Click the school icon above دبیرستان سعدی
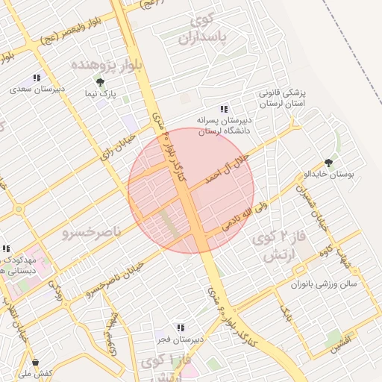36,78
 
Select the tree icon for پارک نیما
100,82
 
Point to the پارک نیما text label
110,95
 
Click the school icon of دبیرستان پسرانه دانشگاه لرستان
225,109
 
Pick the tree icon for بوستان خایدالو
328,162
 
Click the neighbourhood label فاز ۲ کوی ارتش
277,246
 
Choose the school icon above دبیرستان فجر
179,327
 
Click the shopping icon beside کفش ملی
35,362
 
